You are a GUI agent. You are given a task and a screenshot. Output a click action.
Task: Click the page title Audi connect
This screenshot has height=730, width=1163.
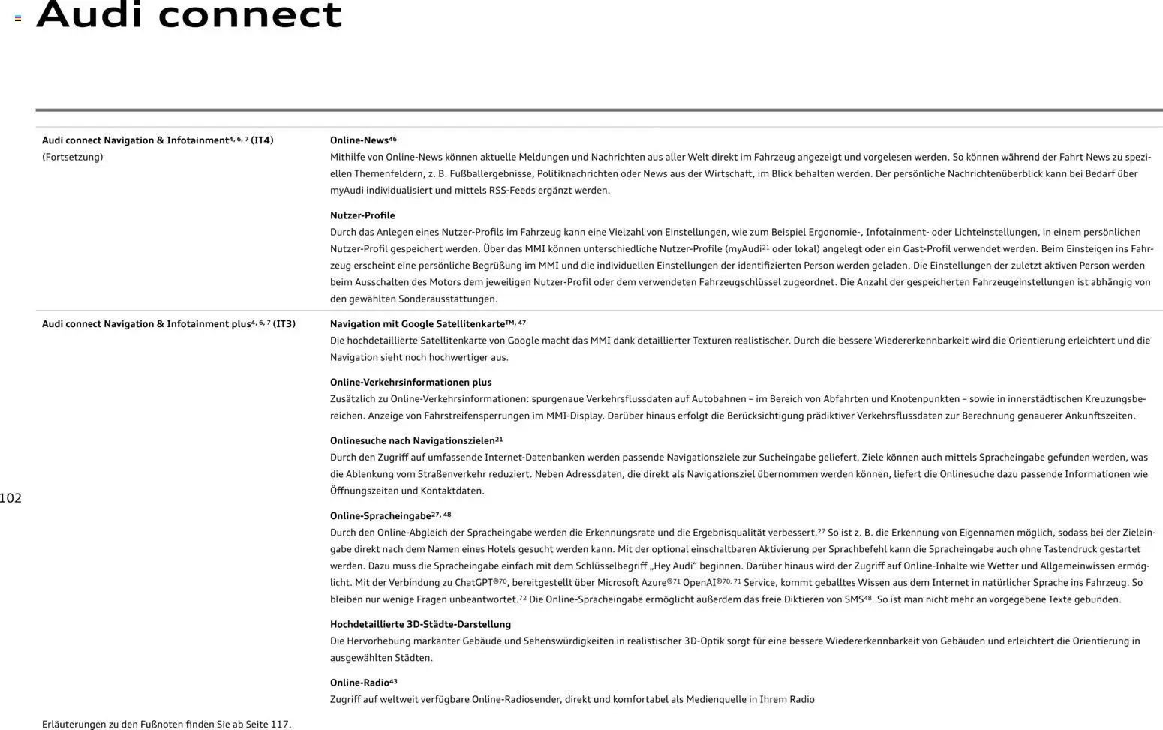coord(189,15)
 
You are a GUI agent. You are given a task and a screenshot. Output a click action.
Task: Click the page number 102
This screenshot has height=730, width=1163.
coord(11,498)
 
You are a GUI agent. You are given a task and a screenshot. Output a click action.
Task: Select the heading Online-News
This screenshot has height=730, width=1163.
coord(359,140)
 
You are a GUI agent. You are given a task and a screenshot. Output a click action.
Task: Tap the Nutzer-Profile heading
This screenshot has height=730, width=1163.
coord(362,215)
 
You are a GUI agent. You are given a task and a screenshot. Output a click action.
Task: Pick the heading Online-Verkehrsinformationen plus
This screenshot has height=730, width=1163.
coord(410,383)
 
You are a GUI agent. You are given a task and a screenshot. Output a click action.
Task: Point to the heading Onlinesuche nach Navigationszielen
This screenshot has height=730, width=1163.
coord(412,441)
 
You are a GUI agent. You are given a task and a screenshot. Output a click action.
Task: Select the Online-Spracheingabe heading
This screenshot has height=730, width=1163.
coord(380,516)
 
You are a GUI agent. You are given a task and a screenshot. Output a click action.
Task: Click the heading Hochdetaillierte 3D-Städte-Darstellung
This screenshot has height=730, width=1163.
coord(420,625)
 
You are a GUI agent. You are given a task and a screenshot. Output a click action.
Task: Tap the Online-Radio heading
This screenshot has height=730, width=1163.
coord(359,683)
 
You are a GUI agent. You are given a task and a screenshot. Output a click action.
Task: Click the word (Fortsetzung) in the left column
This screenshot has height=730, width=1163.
coord(72,158)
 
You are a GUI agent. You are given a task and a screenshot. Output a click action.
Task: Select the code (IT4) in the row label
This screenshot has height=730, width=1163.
coord(262,140)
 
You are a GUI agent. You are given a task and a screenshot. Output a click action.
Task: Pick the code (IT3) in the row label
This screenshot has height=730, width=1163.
coord(284,324)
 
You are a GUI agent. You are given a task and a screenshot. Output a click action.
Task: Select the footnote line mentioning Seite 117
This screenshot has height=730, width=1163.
coord(167,724)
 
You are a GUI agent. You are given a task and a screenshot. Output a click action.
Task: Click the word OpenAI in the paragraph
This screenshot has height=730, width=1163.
coord(699,583)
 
